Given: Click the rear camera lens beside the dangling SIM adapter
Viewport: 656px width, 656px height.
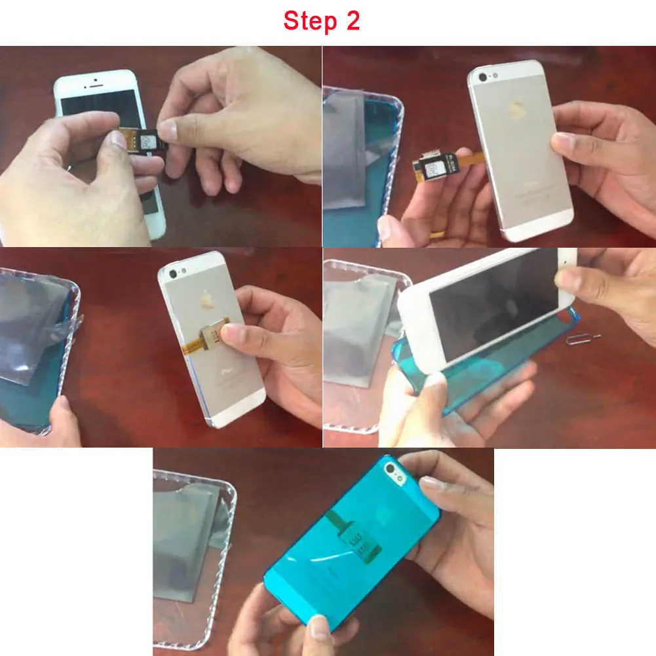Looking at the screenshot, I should [x=483, y=77].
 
